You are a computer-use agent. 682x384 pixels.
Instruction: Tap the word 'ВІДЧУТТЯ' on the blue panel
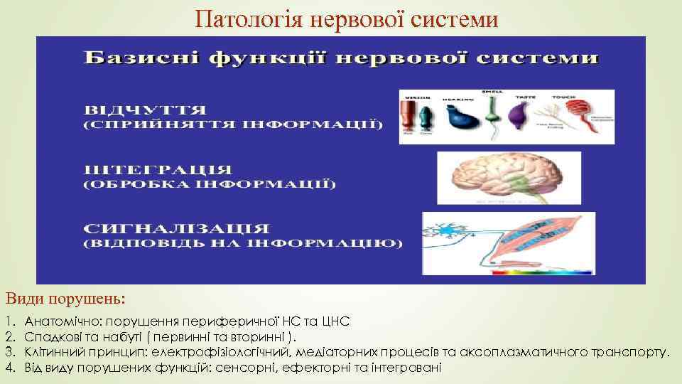tap(146, 111)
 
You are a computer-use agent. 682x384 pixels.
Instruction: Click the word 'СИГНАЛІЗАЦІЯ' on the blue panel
tap(177, 229)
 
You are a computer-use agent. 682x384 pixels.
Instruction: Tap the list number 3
tap(10, 352)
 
